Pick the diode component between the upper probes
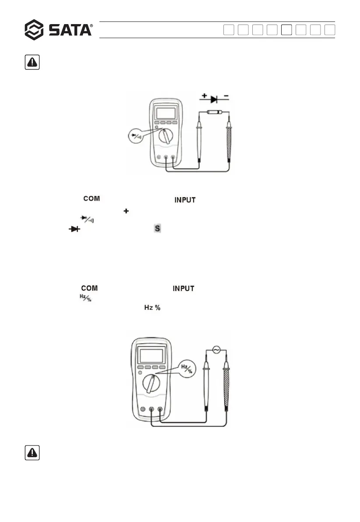213,113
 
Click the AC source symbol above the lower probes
215,349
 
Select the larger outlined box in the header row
286,30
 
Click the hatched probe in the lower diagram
226,386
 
